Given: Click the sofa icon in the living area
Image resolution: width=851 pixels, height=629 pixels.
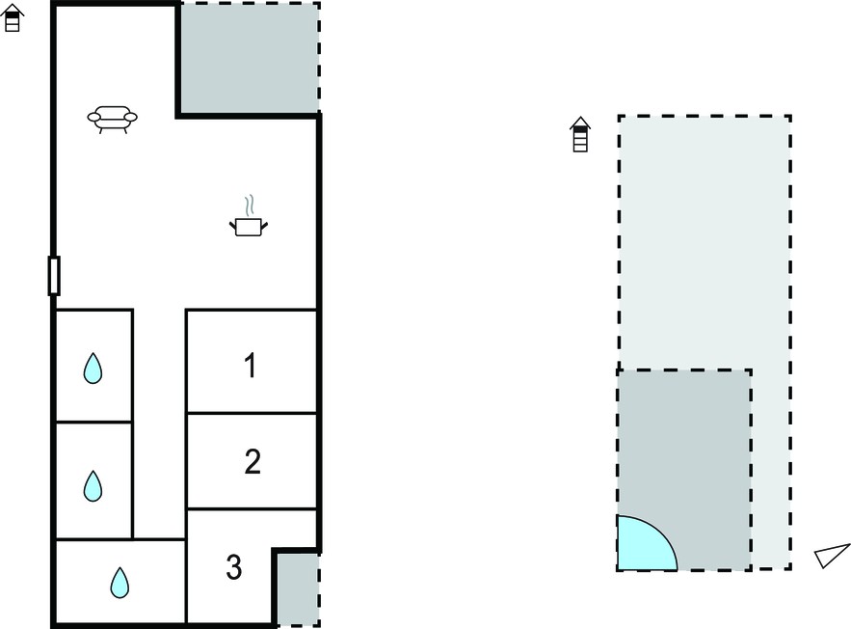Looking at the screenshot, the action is [113, 119].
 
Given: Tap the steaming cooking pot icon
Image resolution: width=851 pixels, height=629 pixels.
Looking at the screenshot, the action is [249, 216].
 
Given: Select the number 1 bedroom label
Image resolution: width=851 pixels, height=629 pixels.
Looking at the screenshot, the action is [251, 365].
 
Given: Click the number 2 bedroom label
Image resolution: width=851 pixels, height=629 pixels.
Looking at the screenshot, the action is [253, 462].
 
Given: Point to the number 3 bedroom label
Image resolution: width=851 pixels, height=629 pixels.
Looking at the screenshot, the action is [234, 567].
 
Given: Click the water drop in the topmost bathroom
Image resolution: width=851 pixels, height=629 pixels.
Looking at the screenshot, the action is [93, 369].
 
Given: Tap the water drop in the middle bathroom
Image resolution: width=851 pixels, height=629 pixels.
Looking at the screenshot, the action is [93, 485].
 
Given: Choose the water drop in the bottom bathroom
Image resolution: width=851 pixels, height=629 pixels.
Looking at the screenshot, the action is [120, 583].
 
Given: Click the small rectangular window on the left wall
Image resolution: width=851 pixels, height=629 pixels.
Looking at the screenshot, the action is [54, 276].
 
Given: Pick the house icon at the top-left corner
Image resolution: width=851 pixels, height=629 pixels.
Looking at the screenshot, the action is [12, 18].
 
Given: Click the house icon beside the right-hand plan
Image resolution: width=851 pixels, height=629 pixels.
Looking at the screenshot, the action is [580, 134].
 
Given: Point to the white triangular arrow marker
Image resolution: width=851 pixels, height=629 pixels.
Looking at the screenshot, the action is [832, 555].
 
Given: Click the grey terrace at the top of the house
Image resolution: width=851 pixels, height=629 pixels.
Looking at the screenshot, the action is [250, 58].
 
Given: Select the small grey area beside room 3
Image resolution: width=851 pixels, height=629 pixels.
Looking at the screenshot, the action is [298, 589].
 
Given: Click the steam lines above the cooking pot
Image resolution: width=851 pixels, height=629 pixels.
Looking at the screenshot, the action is [249, 205].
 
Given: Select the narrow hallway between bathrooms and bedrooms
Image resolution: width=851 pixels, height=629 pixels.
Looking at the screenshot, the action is [160, 424].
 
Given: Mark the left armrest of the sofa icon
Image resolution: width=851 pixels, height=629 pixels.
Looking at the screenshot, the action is [93, 117].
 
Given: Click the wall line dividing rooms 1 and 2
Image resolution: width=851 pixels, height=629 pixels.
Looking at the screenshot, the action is [252, 413].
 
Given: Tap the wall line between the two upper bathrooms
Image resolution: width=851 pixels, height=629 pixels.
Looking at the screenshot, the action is [94, 422].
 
